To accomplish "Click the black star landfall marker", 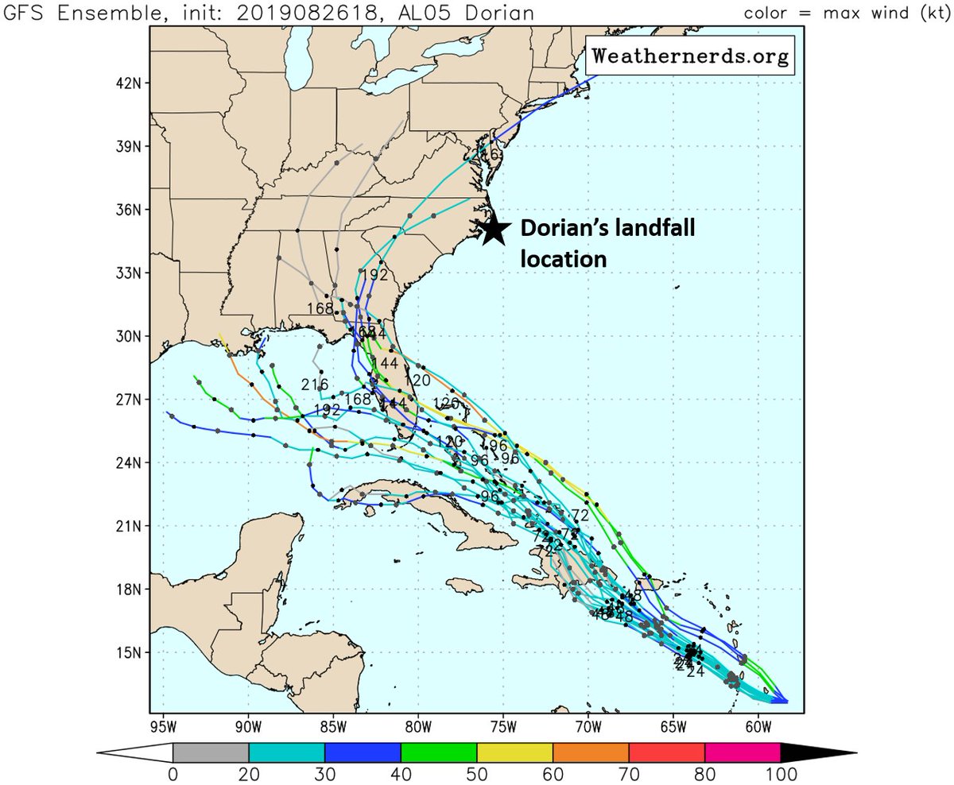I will (x=494, y=229).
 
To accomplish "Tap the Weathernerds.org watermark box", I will (x=691, y=56).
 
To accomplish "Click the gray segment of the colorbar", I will (x=211, y=752).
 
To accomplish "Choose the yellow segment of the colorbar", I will (x=514, y=752).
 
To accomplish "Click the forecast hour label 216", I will (x=315, y=385).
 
